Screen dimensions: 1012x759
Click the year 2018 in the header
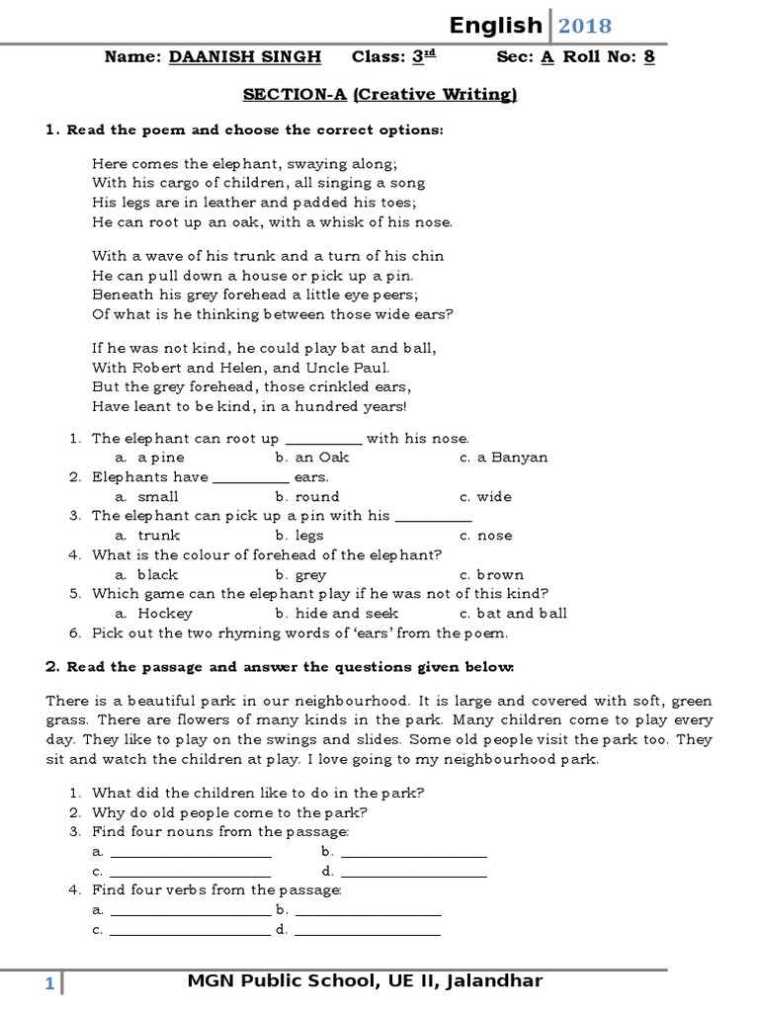(x=584, y=26)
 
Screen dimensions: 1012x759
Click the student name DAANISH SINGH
(x=245, y=56)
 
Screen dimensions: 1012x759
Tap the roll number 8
(x=649, y=56)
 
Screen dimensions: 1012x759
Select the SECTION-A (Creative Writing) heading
(x=380, y=94)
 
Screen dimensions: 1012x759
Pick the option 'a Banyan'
(x=512, y=458)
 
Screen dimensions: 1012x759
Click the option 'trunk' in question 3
(x=159, y=535)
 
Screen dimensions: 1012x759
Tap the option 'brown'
(x=500, y=574)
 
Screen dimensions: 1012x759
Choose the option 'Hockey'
(x=165, y=613)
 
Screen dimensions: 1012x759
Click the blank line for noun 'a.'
(x=190, y=853)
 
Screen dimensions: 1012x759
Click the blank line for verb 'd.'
(x=368, y=931)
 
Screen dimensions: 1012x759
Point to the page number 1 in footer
(x=47, y=983)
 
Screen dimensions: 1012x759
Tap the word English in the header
(x=495, y=26)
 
